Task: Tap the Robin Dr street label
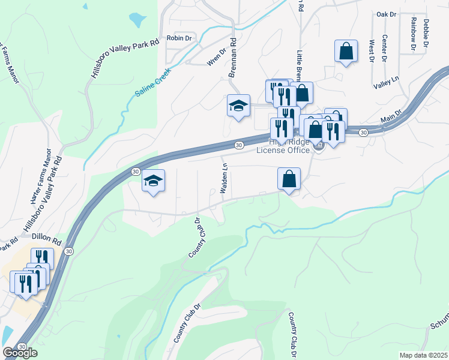click(179, 38)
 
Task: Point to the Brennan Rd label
click(233, 59)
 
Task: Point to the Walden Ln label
click(224, 178)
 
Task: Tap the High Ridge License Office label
click(283, 146)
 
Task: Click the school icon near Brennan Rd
click(238, 106)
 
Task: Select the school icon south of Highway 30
click(153, 180)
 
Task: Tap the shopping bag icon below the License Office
click(289, 179)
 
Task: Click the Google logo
click(20, 353)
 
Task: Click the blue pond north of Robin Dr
click(137, 19)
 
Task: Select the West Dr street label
click(372, 51)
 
